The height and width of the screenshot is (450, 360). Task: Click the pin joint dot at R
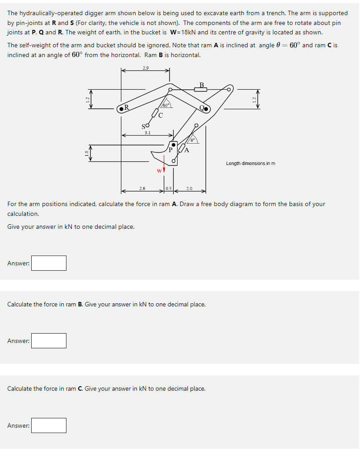(121, 108)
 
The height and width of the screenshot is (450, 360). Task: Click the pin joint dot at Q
(206, 108)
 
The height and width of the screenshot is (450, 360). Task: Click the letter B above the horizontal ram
(201, 85)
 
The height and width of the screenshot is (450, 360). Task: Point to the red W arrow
(164, 170)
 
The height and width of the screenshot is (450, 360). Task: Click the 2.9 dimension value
(145, 68)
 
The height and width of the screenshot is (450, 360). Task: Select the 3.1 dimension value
(147, 132)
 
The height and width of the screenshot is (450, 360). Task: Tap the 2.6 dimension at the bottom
(142, 189)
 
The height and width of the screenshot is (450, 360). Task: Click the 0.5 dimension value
(169, 189)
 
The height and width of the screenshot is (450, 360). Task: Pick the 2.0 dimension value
(189, 189)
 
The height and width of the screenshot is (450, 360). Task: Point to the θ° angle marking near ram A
(193, 140)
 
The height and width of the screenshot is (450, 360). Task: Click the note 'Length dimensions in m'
(250, 163)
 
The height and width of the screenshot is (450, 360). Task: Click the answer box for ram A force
(49, 263)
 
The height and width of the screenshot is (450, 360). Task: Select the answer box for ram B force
(49, 341)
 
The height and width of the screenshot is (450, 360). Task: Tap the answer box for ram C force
(49, 425)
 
